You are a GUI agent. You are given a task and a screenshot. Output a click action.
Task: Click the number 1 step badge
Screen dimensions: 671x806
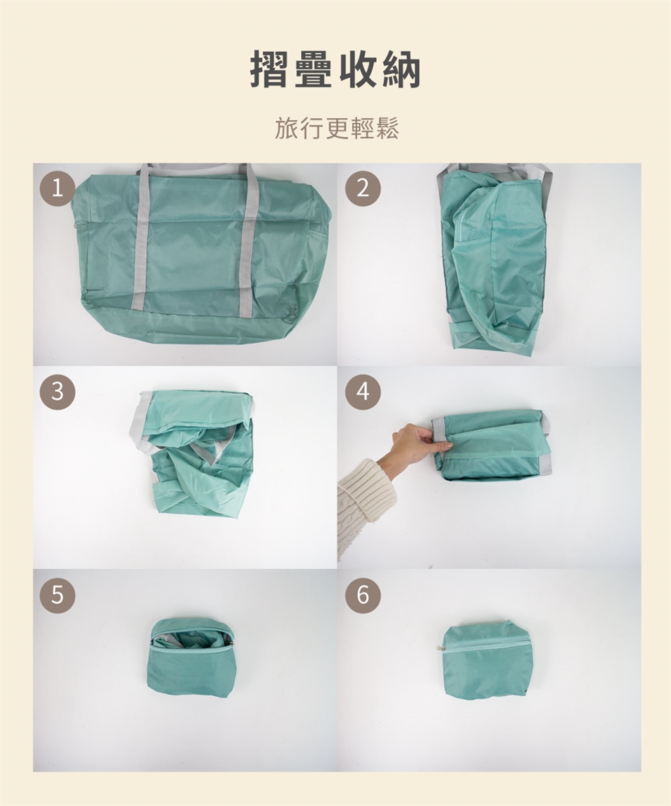click(57, 189)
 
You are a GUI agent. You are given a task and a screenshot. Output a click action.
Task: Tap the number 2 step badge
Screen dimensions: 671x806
click(363, 189)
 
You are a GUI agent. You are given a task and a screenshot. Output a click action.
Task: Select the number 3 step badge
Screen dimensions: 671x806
click(57, 392)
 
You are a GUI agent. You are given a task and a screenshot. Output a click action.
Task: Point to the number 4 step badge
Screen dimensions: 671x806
click(363, 392)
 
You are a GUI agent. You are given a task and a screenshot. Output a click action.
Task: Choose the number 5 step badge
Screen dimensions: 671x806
click(57, 595)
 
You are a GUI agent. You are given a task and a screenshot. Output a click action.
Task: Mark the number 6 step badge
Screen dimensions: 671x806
click(363, 595)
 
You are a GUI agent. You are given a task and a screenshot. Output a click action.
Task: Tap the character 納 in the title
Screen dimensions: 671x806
click(402, 69)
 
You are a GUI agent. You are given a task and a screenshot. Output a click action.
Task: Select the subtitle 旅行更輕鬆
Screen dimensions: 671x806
click(336, 128)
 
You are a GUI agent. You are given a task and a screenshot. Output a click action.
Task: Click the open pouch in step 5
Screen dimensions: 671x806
click(191, 658)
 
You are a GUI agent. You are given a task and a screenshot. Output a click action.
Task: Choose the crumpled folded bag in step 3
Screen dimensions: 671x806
click(192, 453)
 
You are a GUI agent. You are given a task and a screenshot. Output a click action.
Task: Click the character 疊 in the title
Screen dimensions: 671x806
click(313, 69)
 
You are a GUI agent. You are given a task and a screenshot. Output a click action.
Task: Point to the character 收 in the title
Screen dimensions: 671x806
click(358, 69)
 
